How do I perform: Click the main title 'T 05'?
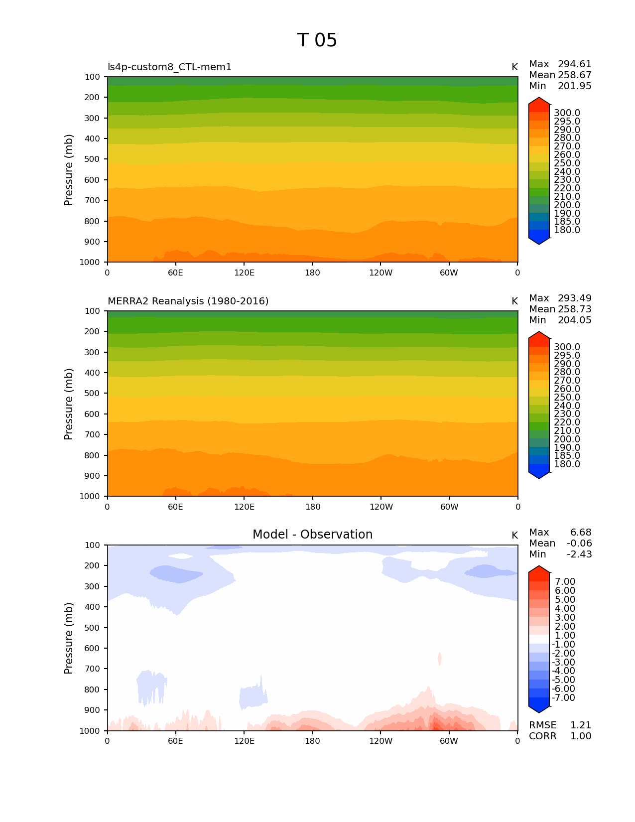pyautogui.click(x=317, y=40)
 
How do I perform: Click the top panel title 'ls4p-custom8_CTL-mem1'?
pyautogui.click(x=169, y=67)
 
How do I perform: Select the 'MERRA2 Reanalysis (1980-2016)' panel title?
pyautogui.click(x=188, y=301)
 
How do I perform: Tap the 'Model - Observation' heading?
pyautogui.click(x=312, y=535)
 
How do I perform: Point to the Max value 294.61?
pyautogui.click(x=574, y=64)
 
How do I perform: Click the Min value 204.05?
pyautogui.click(x=574, y=320)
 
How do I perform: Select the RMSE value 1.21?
pyautogui.click(x=580, y=725)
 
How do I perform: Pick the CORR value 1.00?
pyautogui.click(x=580, y=736)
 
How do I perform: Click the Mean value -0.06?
pyautogui.click(x=579, y=544)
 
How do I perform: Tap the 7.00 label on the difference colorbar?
pyautogui.click(x=565, y=582)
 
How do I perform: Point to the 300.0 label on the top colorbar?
pyautogui.click(x=567, y=113)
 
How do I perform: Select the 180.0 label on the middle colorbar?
pyautogui.click(x=567, y=464)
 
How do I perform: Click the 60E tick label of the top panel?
pyautogui.click(x=175, y=273)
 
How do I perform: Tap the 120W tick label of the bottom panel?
pyautogui.click(x=381, y=741)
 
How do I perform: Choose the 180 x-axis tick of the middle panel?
pyautogui.click(x=312, y=507)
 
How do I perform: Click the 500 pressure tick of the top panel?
pyautogui.click(x=93, y=159)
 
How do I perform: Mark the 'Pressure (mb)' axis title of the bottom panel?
pyautogui.click(x=69, y=638)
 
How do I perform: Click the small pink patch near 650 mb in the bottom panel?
pyautogui.click(x=439, y=659)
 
